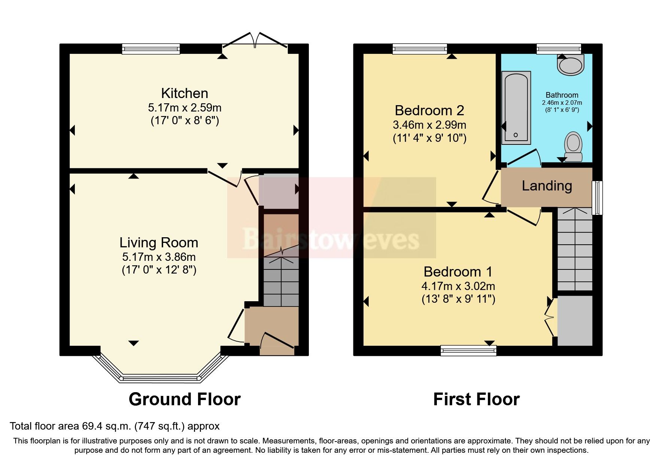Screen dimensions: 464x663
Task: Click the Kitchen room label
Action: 184,93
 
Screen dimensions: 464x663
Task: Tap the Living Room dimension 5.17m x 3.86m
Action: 159,257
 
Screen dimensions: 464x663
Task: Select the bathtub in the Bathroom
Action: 516,108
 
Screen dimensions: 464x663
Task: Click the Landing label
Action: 547,186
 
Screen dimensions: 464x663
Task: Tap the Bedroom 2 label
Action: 429,110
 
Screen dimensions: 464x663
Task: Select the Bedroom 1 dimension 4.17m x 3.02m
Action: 458,286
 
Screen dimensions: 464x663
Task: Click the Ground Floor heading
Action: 184,399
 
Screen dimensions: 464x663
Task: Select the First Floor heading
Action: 476,399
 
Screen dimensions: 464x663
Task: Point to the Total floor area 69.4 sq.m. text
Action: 115,426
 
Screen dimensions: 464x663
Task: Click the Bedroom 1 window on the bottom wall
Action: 468,350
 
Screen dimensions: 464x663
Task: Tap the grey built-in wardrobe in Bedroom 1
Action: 575,321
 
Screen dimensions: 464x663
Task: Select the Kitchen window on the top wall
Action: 151,49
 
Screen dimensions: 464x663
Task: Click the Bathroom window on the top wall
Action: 558,49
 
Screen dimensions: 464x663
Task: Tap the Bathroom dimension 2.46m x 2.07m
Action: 562,103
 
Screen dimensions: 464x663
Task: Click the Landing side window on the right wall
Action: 597,198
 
